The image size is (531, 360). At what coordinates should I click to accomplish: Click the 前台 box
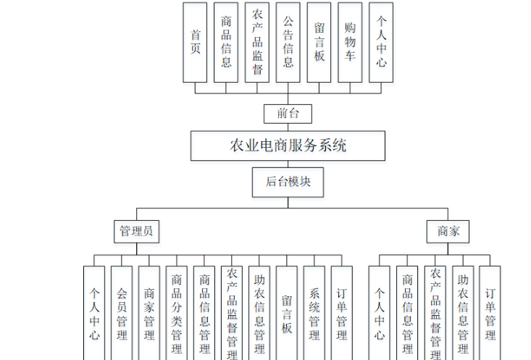(x=288, y=113)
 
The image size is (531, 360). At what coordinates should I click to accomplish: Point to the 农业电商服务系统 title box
(x=288, y=146)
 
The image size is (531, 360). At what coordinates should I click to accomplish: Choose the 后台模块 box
(x=288, y=182)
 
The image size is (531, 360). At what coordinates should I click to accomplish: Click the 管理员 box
(x=136, y=232)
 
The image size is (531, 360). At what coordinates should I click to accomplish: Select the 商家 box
(x=448, y=232)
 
